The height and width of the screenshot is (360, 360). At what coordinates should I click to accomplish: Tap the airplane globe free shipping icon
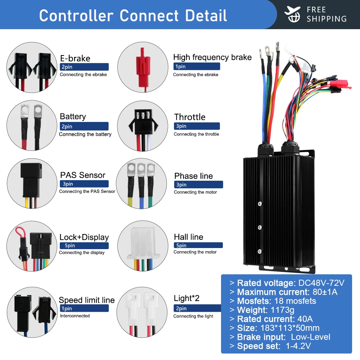point(292,14)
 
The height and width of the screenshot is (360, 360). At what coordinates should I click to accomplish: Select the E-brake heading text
point(75,58)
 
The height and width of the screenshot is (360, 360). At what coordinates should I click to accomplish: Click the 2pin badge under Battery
point(84,126)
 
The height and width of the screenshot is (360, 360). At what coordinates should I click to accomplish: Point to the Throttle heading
point(190,117)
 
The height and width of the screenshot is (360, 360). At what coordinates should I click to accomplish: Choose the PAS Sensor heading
point(82,175)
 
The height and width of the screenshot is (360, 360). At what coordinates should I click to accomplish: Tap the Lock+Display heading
point(84,237)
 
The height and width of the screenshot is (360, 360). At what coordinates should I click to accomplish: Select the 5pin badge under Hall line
point(198,246)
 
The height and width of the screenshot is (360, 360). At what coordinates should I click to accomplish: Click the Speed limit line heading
point(86,300)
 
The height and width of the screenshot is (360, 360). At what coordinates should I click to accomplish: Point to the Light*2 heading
point(186,298)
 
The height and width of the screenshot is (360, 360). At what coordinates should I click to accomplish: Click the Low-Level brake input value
point(310,337)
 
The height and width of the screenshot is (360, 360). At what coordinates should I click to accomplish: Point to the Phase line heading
point(193,176)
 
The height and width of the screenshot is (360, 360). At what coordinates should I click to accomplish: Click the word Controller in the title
point(76,15)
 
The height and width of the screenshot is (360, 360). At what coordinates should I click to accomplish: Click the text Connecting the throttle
point(196,134)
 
